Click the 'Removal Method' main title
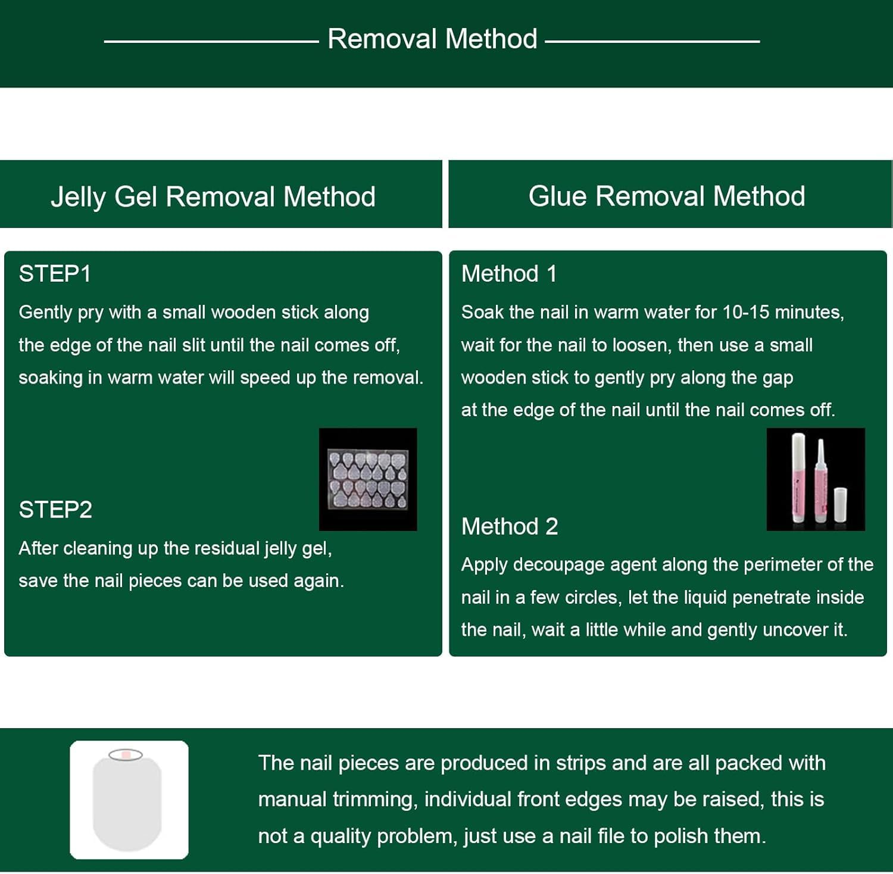tap(432, 39)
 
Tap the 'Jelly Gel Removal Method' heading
tap(213, 196)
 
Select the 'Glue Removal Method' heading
tap(667, 196)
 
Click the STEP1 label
tap(55, 274)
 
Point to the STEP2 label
tap(55, 510)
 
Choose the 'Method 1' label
tap(509, 274)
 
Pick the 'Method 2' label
tap(510, 526)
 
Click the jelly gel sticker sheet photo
tap(368, 479)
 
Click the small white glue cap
tap(840, 504)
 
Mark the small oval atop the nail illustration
tap(126, 755)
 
